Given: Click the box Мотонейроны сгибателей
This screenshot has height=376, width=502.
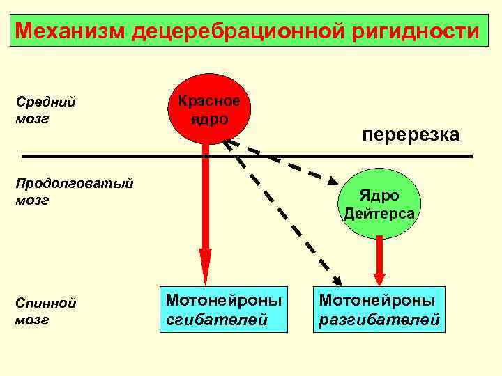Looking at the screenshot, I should point(223,308).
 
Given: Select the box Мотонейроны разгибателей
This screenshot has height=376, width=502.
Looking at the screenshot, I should point(379,308).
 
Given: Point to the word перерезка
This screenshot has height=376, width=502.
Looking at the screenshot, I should point(410,134).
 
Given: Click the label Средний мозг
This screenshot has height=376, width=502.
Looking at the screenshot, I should point(45,110).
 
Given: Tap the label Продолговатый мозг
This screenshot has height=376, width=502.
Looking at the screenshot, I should point(74,192).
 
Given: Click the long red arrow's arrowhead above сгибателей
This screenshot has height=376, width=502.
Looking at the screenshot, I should point(205,268).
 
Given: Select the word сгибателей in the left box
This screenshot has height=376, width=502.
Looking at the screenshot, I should point(217,319).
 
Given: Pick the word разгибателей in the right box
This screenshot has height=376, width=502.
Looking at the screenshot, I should point(379,320).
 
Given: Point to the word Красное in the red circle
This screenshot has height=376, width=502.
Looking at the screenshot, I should point(208,101).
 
